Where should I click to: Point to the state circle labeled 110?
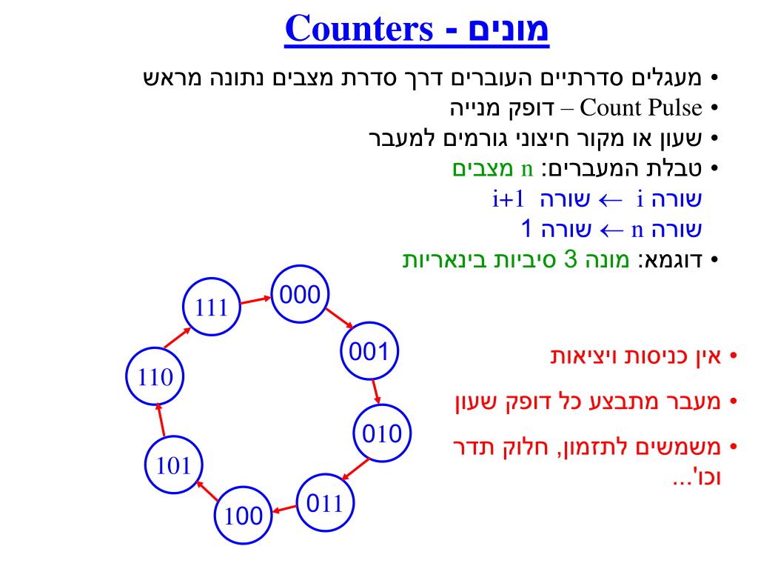(155, 377)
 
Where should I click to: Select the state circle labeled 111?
(210, 307)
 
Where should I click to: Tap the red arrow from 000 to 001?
(339, 316)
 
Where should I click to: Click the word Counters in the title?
(361, 30)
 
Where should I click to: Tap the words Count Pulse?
(642, 109)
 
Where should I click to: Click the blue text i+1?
(508, 199)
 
